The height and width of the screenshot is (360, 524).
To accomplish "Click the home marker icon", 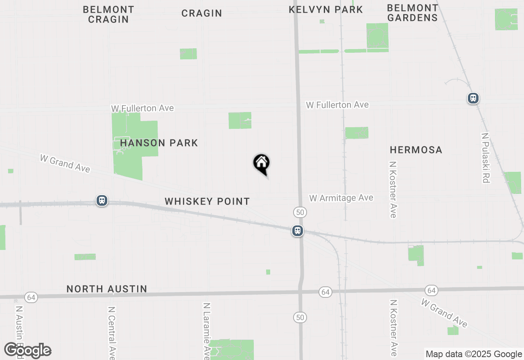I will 262,163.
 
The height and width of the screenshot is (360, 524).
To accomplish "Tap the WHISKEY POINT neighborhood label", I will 207,201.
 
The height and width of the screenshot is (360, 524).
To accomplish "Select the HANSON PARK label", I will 159,143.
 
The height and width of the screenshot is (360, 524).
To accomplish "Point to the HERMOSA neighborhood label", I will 416,150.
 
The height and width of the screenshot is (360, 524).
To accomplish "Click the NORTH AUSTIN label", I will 107,289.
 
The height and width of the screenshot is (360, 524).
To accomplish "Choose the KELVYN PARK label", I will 326,9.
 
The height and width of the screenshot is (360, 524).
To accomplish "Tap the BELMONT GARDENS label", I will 412,13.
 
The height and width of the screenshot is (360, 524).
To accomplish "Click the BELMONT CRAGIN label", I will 108,14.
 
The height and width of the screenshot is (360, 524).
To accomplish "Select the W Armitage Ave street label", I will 341,198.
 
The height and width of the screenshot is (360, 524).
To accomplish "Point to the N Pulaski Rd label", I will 486,157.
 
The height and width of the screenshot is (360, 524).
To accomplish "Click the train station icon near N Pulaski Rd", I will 473,98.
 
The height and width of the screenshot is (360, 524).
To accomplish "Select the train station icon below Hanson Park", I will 102,200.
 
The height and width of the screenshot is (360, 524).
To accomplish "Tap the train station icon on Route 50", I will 298,231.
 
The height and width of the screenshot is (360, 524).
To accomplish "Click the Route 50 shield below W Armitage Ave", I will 300,212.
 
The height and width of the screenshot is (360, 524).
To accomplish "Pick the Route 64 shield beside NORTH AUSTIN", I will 31,297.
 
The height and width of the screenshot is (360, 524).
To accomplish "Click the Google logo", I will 28,351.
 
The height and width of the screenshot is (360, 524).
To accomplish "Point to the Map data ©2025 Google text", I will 473,354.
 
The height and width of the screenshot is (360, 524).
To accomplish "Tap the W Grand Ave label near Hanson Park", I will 65,163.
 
